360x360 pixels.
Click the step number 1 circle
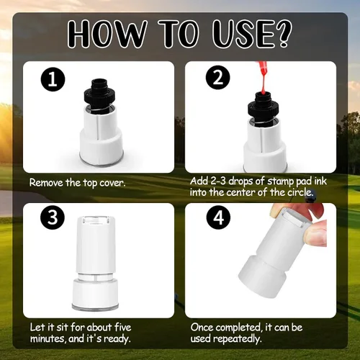pos(53,79)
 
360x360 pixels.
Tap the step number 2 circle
pos(218,77)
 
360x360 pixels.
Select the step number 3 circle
pos(53,217)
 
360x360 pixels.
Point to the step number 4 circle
pos(218,217)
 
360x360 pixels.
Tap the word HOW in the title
pos(107,34)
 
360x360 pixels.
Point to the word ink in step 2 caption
pos(320,181)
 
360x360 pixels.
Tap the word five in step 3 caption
pos(122,327)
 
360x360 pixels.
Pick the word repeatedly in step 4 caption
pos(237,339)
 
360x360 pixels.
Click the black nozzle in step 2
pos(263,108)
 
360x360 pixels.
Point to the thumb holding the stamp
pos(316,233)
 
